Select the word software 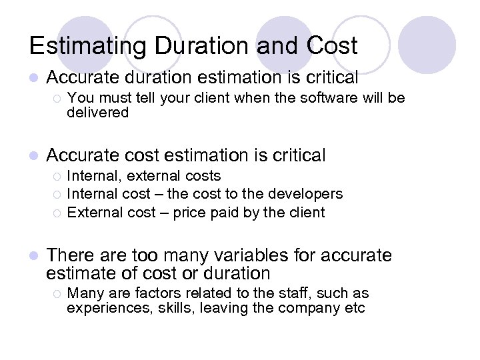[325, 98]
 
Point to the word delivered [98, 113]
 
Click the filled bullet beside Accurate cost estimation [35, 157]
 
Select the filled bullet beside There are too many [35, 256]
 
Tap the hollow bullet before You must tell [57, 99]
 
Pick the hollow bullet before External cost [57, 213]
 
